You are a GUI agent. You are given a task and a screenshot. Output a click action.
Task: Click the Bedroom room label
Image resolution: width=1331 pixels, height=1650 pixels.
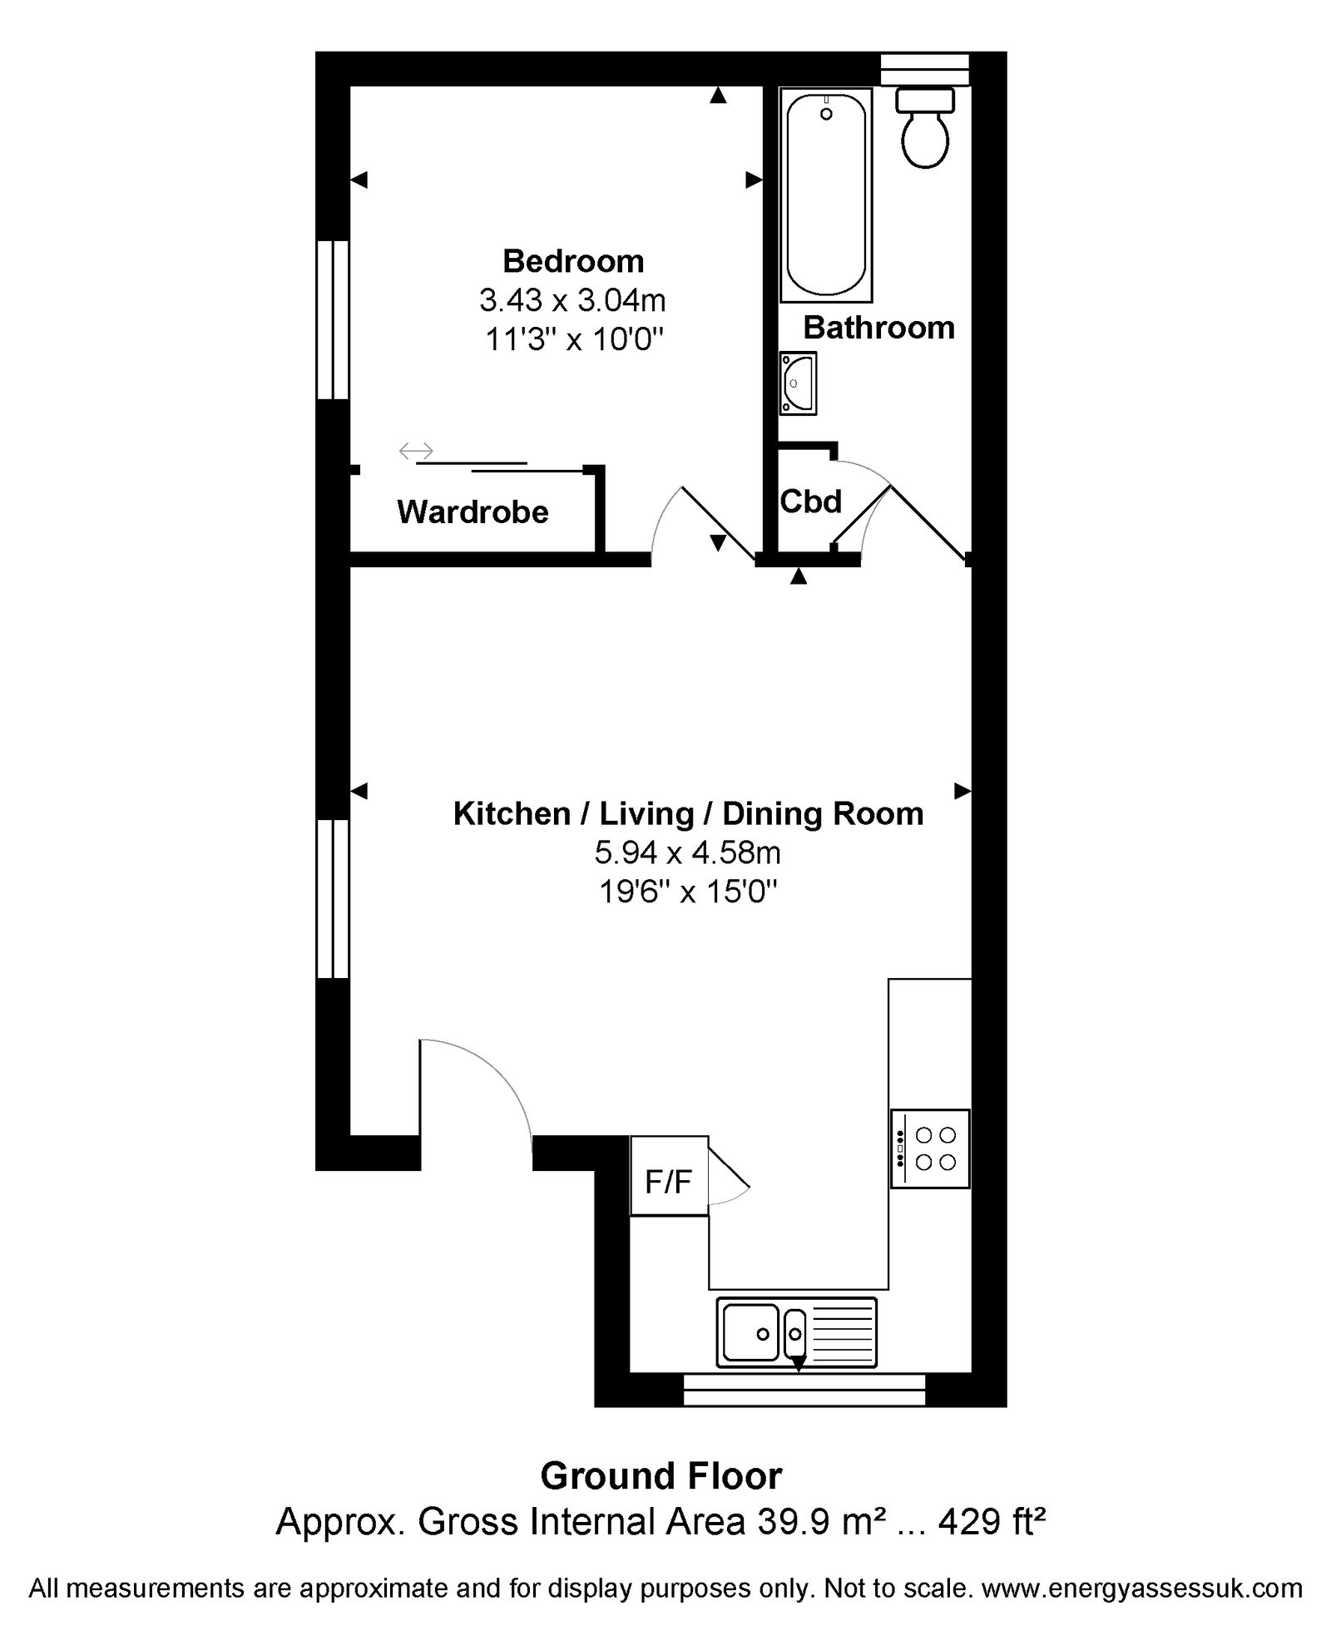click(x=573, y=261)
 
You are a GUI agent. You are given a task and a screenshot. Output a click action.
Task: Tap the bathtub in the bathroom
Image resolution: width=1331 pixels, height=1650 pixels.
click(x=826, y=195)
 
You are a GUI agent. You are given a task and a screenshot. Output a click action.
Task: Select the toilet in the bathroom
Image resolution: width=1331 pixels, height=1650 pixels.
click(x=925, y=128)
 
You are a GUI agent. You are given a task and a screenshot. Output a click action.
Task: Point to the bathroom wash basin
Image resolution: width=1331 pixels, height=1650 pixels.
click(x=798, y=383)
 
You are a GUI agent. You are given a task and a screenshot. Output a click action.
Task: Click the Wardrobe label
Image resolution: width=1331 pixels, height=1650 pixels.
click(x=473, y=511)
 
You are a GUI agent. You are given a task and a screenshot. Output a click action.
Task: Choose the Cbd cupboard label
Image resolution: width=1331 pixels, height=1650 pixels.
click(x=811, y=501)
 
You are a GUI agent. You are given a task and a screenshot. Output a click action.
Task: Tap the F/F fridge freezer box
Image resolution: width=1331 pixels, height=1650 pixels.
click(x=669, y=1176)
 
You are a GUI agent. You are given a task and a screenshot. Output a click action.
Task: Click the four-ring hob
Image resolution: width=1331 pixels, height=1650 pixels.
click(x=930, y=1149)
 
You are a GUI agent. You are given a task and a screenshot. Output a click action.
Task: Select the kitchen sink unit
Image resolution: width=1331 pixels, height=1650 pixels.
click(x=796, y=1333)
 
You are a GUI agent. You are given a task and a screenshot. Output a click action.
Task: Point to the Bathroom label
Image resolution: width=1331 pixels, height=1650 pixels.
click(x=878, y=328)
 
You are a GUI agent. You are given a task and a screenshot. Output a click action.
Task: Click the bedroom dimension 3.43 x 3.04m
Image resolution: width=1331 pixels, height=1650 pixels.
click(x=572, y=299)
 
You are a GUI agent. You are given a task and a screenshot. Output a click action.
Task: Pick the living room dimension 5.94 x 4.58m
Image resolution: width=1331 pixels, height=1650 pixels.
click(x=687, y=852)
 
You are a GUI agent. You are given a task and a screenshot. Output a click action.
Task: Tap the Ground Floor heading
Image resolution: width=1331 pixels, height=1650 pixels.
click(x=661, y=1476)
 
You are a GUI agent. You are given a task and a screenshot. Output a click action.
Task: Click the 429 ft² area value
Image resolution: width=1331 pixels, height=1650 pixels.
click(x=992, y=1522)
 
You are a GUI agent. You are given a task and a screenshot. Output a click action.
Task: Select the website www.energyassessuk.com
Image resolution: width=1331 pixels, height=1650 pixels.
click(x=1142, y=1588)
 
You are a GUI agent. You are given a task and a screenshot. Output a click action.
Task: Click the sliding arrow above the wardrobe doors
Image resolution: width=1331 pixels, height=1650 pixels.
click(x=416, y=451)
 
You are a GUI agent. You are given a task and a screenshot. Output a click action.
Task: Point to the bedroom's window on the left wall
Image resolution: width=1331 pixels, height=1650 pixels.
click(x=333, y=320)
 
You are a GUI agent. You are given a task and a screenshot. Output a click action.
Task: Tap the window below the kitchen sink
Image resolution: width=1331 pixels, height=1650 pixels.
click(x=804, y=1390)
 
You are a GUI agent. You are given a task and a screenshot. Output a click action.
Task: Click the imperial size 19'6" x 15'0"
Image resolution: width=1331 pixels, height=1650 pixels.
click(x=688, y=892)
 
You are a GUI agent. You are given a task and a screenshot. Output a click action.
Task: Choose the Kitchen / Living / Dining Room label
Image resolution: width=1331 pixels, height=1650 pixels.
click(x=688, y=813)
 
